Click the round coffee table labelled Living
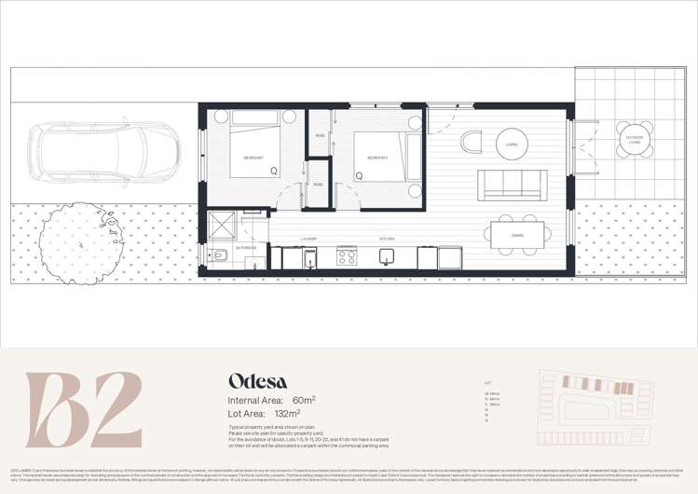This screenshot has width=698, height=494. pos(511,144)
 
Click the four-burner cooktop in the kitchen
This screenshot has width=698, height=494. pos(346,254)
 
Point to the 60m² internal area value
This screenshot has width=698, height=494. pos(299,399)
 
